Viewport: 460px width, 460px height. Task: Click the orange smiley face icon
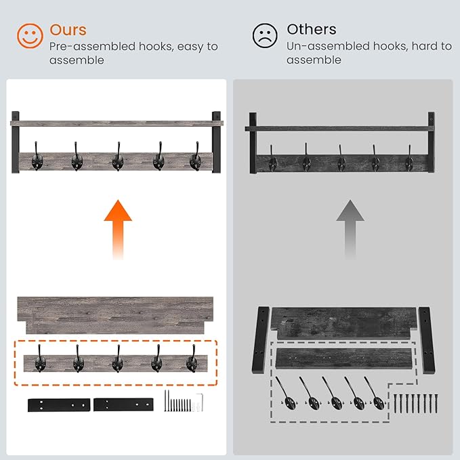click(x=30, y=36)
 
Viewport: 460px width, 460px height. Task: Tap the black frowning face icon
click(x=265, y=35)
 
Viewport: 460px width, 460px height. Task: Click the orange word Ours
click(x=68, y=30)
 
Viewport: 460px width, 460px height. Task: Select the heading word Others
click(x=312, y=29)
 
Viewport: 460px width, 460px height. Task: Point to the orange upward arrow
click(x=118, y=230)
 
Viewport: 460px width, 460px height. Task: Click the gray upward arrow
click(x=350, y=230)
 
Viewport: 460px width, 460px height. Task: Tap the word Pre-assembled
click(x=92, y=46)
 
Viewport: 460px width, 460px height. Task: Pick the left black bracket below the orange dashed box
click(x=59, y=405)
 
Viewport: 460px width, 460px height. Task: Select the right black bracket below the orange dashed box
click(x=123, y=404)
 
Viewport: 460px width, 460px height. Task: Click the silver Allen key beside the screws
click(x=201, y=402)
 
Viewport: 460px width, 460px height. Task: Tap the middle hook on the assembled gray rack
click(x=118, y=157)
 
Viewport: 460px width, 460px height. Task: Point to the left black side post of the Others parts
click(x=261, y=340)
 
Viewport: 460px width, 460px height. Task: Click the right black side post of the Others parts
click(x=427, y=340)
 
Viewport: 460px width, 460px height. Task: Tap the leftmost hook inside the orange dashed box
click(x=40, y=359)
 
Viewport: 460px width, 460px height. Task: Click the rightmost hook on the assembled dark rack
click(x=409, y=159)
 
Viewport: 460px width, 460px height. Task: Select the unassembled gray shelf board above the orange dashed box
click(x=115, y=316)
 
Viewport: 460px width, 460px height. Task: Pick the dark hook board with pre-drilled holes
click(x=344, y=359)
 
